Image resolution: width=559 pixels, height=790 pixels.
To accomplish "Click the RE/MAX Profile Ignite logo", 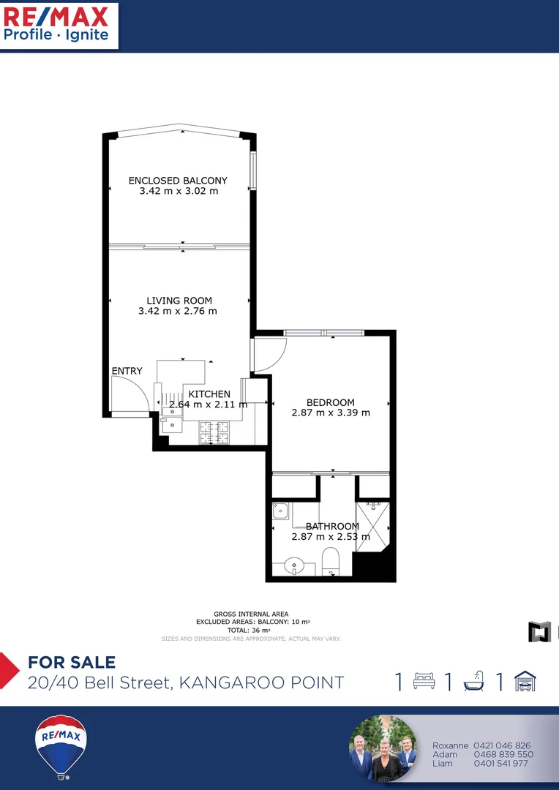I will [59, 24].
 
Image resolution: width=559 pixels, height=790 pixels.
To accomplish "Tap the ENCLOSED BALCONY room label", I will [178, 181].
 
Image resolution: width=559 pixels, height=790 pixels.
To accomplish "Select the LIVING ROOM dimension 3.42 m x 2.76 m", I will [178, 311].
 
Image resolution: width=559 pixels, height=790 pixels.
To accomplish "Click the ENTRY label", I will [127, 372].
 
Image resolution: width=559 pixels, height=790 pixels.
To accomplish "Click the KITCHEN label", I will [209, 394].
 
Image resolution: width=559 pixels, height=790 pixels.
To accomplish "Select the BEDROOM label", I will [330, 402].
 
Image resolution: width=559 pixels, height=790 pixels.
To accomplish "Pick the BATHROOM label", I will [332, 526].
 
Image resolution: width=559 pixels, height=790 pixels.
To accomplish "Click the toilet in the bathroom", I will [330, 561].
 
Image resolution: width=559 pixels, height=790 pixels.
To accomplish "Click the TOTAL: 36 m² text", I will [250, 630].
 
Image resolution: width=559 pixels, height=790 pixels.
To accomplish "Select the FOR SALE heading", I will [72, 663].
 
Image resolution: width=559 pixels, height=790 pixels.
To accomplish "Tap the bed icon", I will [424, 682].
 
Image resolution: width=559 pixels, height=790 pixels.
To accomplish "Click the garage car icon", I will [525, 682].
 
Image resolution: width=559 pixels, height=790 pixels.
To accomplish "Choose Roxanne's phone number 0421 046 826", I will [502, 745].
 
